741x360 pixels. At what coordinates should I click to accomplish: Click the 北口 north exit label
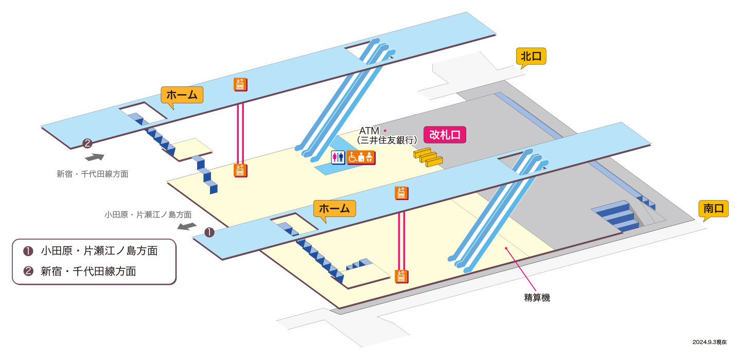(x=531, y=56)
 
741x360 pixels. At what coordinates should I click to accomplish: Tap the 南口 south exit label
(x=714, y=209)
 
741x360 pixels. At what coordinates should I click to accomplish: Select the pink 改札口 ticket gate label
(x=445, y=135)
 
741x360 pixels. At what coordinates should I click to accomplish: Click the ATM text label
(x=369, y=131)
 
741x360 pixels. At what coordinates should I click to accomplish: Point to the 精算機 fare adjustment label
(x=537, y=298)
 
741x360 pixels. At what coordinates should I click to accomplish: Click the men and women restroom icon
(x=338, y=157)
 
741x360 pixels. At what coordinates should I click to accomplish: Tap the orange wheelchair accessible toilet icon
(x=361, y=157)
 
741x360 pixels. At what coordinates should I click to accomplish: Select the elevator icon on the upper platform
(x=240, y=84)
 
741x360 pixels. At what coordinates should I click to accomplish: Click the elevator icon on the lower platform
(x=401, y=193)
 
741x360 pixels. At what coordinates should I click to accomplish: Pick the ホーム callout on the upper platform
(x=182, y=95)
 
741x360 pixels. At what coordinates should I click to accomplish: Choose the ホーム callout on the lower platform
(x=334, y=209)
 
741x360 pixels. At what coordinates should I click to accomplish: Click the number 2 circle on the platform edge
(x=87, y=143)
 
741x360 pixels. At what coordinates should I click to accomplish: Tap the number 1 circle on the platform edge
(x=209, y=232)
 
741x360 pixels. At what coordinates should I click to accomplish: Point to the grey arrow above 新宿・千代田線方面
(x=95, y=157)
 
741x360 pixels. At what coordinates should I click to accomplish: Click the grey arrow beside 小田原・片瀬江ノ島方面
(x=187, y=226)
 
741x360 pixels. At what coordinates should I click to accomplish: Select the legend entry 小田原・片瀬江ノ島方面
(x=91, y=251)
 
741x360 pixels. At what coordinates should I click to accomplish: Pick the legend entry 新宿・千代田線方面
(x=80, y=272)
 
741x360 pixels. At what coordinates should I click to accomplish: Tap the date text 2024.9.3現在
(x=710, y=342)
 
